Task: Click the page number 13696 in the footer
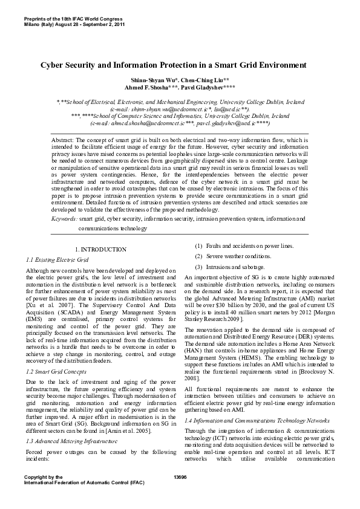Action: [180, 477]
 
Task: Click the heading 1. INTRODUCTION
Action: [100, 249]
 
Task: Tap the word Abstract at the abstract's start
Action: [64, 139]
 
